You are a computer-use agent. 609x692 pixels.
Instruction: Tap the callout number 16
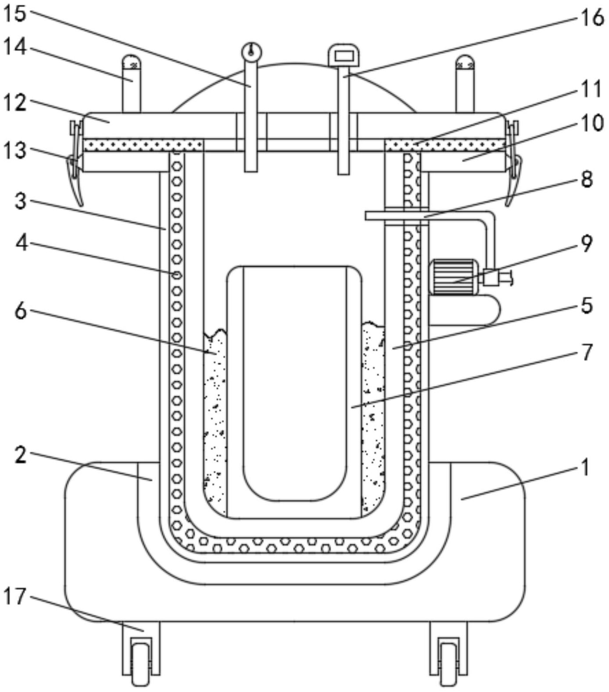click(592, 18)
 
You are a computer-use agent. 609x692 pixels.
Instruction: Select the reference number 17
click(15, 597)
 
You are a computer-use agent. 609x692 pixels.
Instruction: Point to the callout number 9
click(587, 243)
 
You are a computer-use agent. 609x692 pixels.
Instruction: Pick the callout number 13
click(15, 150)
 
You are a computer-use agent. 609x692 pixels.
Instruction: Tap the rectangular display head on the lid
click(344, 55)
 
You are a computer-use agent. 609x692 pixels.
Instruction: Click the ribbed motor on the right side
click(454, 277)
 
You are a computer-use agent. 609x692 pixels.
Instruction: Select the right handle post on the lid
click(465, 83)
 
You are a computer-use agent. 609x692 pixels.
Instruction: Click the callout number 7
click(587, 352)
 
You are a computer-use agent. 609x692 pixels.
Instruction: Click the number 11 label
click(591, 89)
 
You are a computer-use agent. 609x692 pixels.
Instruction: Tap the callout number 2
click(21, 456)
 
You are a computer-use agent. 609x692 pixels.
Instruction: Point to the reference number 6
click(21, 311)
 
